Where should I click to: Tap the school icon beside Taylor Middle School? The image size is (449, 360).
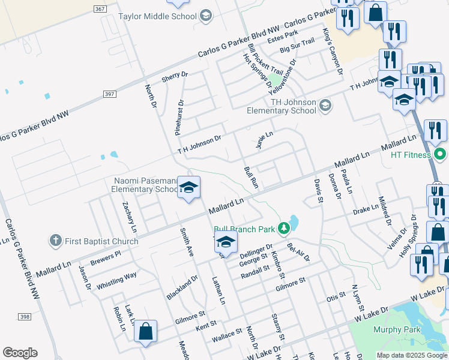206,16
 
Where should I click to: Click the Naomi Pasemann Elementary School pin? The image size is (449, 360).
188,189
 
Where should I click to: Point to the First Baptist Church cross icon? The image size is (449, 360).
55,241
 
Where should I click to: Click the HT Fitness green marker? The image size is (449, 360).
440,154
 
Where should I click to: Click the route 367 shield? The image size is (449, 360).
100,8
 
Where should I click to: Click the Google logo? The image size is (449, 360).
20,353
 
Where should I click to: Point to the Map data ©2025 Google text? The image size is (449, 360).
412,355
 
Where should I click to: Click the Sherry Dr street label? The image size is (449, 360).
175,77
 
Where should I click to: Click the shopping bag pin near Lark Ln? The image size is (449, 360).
145,331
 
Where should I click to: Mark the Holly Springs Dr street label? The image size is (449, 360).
408,236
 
